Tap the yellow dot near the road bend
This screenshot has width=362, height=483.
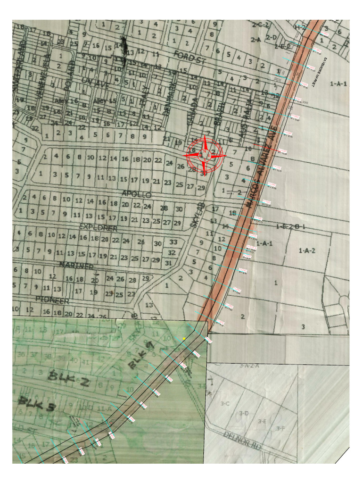pos(184,339)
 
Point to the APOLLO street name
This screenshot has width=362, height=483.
pos(136,194)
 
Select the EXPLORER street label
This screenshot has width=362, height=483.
pos(98,228)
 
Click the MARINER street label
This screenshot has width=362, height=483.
pos(76,266)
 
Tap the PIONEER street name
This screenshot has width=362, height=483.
pos(52,300)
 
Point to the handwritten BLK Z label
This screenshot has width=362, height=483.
pos(69,380)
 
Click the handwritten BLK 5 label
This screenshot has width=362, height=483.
pos(36,404)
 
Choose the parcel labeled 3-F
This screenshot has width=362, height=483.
pos(280,428)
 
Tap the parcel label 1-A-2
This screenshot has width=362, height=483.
pos(307,250)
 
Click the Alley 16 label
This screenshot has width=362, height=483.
pos(65,101)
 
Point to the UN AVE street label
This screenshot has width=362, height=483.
pos(93,81)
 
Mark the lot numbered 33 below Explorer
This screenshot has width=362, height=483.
pos(173,242)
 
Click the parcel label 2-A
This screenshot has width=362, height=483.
pos(256,40)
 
